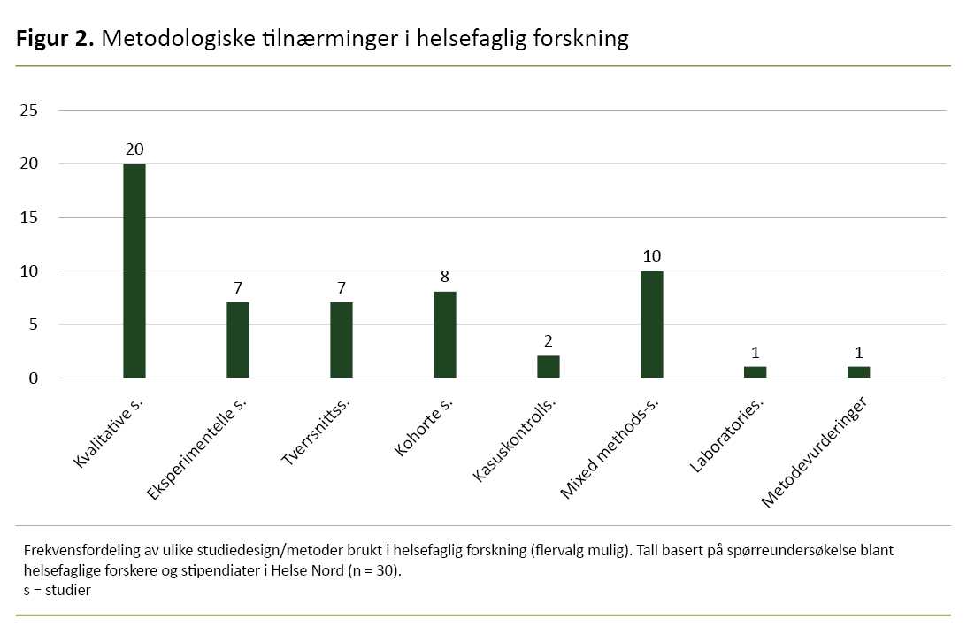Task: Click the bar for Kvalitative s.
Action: point(134,271)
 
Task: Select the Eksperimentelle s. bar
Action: point(238,340)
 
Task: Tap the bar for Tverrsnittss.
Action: point(342,340)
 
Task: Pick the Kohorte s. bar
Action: point(445,335)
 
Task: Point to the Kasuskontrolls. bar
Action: point(549,367)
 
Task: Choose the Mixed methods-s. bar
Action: point(652,325)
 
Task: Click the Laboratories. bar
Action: point(756,372)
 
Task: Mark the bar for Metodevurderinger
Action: point(859,372)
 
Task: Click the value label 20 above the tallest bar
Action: point(134,149)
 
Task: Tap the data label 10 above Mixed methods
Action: point(652,256)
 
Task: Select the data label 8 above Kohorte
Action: point(445,278)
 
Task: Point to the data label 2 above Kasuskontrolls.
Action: point(549,341)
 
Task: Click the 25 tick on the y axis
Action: point(29,111)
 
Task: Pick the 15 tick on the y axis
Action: point(29,218)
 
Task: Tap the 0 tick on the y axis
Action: point(34,378)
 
